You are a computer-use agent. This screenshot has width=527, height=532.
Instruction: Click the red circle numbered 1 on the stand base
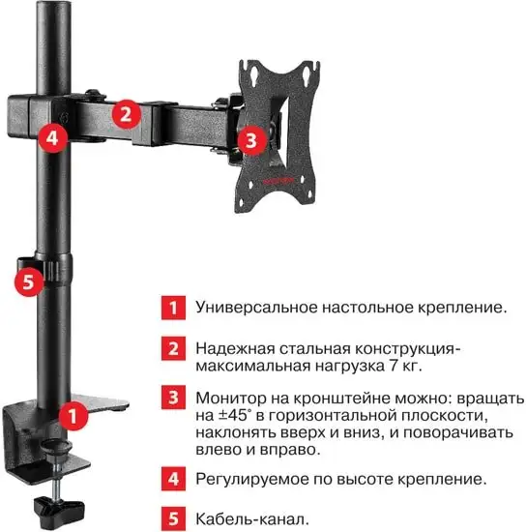pyautogui.click(x=71, y=417)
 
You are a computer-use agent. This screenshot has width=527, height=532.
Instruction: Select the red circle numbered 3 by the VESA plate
pyautogui.click(x=250, y=140)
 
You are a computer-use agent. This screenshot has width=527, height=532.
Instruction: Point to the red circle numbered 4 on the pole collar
pyautogui.click(x=51, y=137)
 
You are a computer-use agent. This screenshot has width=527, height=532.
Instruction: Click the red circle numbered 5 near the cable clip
pyautogui.click(x=30, y=282)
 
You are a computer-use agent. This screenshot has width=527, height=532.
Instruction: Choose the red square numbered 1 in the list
pyautogui.click(x=170, y=308)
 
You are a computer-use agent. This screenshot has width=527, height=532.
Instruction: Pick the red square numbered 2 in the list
pyautogui.click(x=170, y=347)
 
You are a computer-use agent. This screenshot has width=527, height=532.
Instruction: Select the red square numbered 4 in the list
pyautogui.click(x=170, y=478)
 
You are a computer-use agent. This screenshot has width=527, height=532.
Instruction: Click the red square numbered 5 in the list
pyautogui.click(x=170, y=517)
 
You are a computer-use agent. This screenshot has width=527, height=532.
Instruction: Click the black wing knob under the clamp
pyautogui.click(x=58, y=505)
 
